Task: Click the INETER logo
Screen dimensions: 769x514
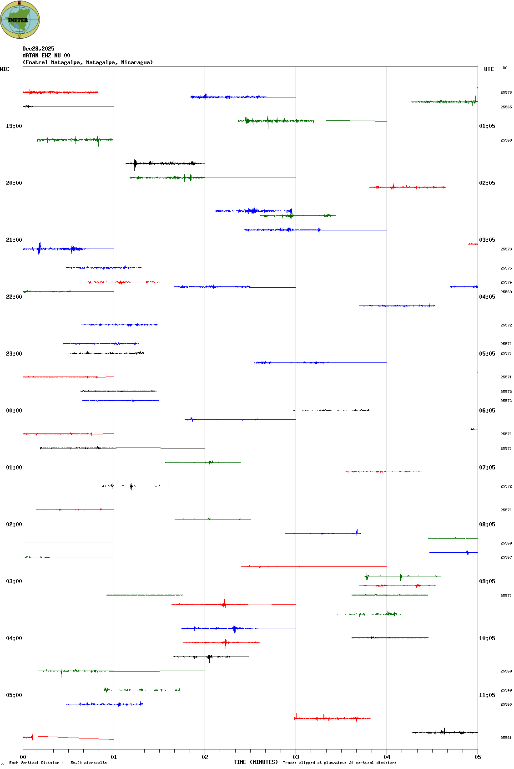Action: tap(20, 20)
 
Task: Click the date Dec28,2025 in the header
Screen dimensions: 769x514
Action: tap(38, 49)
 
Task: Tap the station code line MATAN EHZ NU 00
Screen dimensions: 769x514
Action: tap(46, 56)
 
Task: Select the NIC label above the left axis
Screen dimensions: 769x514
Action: tap(5, 69)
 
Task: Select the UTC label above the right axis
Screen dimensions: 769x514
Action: tap(489, 69)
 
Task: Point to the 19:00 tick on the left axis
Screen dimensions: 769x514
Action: tap(14, 126)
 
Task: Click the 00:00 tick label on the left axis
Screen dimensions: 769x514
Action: tap(14, 411)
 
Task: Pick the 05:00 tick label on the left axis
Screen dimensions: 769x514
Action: tap(14, 695)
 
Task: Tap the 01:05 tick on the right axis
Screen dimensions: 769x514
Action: tap(487, 126)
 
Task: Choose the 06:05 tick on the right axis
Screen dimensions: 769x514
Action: tap(487, 411)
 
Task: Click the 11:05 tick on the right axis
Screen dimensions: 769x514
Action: tap(487, 695)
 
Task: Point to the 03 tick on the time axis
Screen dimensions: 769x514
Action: tap(296, 757)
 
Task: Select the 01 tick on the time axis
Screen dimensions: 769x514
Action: tap(114, 757)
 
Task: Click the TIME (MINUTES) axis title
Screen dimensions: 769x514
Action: tap(256, 762)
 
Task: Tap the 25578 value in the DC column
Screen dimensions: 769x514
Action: tap(506, 92)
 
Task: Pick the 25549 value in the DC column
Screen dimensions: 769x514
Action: tap(506, 690)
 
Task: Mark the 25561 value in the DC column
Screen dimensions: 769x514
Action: tap(506, 738)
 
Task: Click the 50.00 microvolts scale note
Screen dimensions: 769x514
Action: tap(88, 763)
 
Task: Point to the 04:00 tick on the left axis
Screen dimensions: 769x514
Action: tap(14, 638)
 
